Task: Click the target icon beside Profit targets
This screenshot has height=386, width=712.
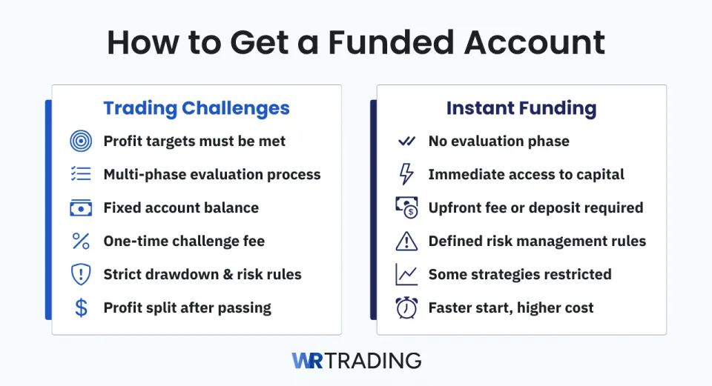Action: tap(81, 141)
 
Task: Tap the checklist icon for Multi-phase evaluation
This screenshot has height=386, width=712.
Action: tap(81, 174)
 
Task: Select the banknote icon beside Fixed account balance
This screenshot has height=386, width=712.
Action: tap(81, 208)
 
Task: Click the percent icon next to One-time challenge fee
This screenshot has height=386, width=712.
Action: tap(81, 241)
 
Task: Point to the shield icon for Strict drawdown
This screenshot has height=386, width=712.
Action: tap(81, 274)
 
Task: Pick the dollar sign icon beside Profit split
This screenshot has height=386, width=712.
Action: tap(81, 307)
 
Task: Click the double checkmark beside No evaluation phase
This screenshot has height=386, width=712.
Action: tap(406, 141)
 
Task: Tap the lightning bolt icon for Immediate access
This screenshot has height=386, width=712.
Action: tap(406, 174)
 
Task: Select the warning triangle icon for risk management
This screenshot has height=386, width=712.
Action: tap(406, 241)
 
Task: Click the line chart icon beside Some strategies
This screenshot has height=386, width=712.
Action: tap(406, 274)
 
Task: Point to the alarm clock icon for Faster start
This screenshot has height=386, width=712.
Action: tap(406, 307)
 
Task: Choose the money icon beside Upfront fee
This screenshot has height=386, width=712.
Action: tap(406, 208)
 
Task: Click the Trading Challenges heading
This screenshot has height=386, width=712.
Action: tap(197, 108)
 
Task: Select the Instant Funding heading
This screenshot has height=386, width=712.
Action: tap(521, 108)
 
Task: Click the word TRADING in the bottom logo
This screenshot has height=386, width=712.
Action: tap(374, 361)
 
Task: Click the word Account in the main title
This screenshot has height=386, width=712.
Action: tap(535, 43)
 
